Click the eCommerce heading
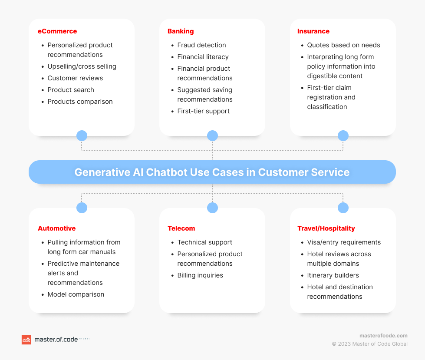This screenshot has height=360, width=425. coord(57,31)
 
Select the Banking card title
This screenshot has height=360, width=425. coord(181,31)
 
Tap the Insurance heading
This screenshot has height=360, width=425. coord(313,31)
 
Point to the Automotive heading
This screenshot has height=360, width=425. coord(56,228)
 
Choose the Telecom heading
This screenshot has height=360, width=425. coord(181,228)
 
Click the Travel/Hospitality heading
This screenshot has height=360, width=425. coord(326,228)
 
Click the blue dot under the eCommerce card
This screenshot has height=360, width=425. coord(82,135)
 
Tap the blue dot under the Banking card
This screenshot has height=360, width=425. coord(213,135)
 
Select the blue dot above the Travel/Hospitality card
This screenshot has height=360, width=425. coord(343,208)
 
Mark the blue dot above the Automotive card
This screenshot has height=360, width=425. coord(82,208)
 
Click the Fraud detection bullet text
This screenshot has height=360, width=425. coord(202,45)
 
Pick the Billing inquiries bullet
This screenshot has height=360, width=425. coord(200,275)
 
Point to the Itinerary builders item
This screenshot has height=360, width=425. coord(333,275)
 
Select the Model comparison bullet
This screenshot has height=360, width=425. coord(76,294)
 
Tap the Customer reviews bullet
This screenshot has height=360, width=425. coord(76,78)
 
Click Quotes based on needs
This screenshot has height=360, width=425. coord(343,45)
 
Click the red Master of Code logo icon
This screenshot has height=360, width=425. coord(26,340)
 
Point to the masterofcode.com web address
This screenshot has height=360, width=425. coord(383,336)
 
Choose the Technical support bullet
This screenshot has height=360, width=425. coord(204,242)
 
